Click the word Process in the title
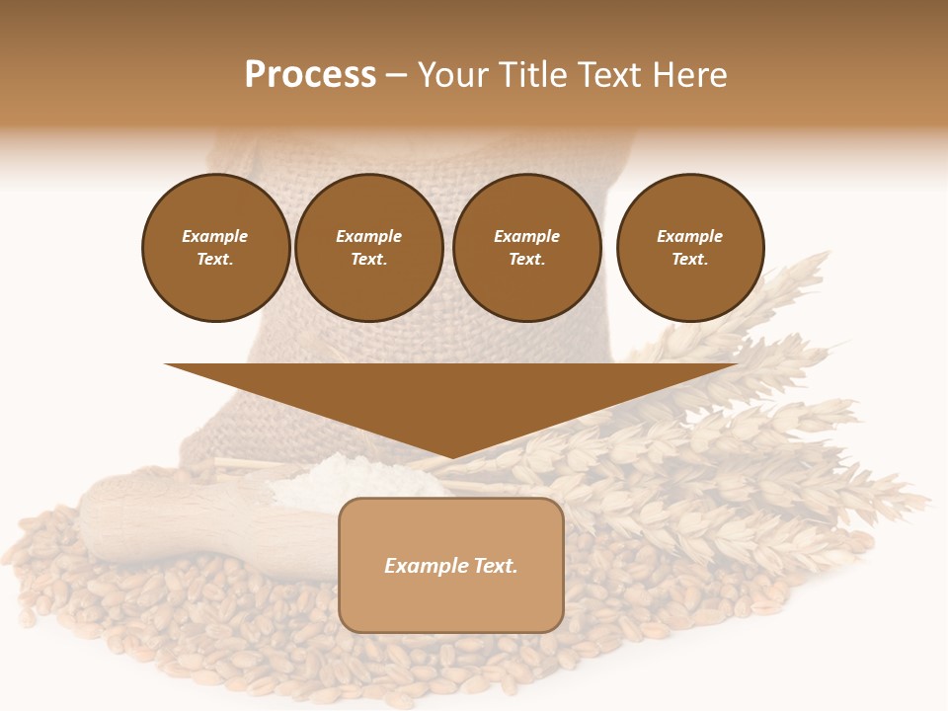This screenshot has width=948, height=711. (310, 75)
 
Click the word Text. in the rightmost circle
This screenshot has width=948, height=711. (690, 259)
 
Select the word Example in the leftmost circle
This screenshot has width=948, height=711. (215, 236)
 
